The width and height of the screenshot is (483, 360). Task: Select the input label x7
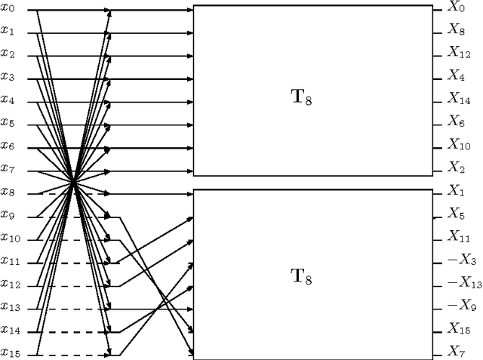8,168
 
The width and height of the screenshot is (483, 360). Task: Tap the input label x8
8,192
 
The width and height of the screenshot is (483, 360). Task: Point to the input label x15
10,352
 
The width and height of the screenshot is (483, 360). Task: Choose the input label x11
10,260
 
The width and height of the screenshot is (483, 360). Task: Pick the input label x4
8,100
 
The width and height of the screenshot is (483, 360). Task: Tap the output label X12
460,53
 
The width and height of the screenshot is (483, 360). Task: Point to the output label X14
460,99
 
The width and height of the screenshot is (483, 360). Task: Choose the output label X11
460,238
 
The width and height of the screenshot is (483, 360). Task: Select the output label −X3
460,260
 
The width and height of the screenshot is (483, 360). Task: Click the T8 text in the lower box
302,276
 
